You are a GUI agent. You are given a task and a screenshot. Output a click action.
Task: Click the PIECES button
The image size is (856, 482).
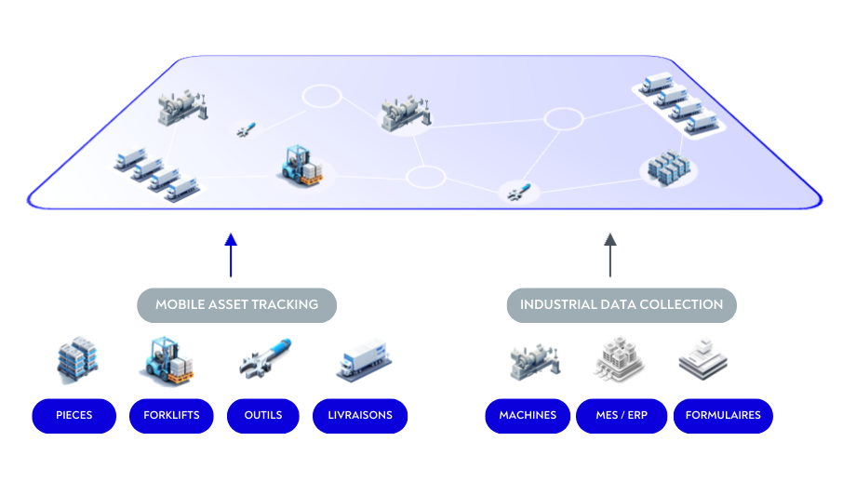(x=74, y=415)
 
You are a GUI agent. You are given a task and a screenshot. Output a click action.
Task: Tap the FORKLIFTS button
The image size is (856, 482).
(x=171, y=415)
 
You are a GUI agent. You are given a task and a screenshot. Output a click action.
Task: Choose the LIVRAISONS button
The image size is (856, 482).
(x=360, y=415)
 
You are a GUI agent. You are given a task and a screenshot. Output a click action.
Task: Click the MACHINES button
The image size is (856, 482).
(x=528, y=415)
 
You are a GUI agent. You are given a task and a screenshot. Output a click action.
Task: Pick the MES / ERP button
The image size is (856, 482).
(x=622, y=415)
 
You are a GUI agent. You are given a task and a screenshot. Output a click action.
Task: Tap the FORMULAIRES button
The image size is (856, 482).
(x=723, y=415)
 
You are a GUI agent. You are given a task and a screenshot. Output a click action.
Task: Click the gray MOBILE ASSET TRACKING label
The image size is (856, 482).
(x=236, y=304)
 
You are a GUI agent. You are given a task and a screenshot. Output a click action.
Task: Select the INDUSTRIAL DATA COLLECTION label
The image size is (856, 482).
(x=622, y=304)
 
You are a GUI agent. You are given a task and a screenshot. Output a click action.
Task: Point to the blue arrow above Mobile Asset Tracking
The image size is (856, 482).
(x=231, y=255)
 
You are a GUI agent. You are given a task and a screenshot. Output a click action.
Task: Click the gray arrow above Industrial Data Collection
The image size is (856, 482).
(x=610, y=255)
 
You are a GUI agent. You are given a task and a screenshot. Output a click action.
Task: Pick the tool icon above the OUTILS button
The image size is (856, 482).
(x=265, y=359)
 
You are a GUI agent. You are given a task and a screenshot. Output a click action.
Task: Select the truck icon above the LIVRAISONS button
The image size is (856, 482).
(x=361, y=360)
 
